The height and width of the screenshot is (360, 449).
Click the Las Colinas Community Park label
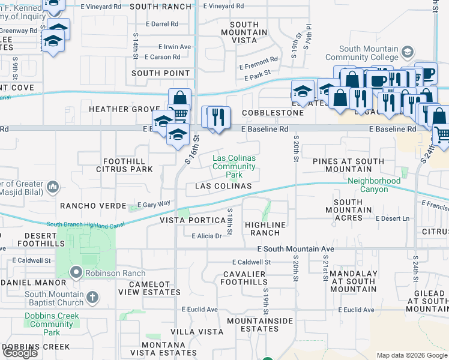pos(234,166)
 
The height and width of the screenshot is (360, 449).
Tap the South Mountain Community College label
pos(369,53)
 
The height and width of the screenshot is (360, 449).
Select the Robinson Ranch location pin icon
pos(76,273)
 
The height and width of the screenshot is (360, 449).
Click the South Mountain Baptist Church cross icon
pos(92,296)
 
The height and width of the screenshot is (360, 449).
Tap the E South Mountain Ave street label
pos(295,248)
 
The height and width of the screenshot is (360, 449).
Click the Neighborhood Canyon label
pos(374,185)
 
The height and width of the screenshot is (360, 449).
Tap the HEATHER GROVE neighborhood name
pos(116,109)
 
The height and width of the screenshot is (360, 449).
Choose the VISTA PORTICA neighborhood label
pos(191,220)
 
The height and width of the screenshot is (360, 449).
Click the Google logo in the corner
pos(20,353)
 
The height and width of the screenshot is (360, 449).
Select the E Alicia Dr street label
pos(206,236)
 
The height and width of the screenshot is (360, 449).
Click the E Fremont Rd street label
pos(258,60)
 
